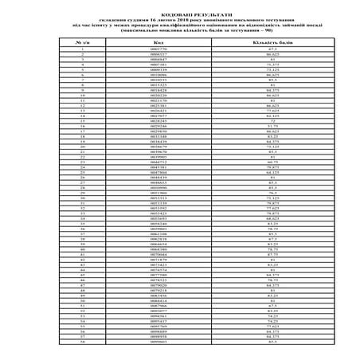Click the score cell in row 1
tap(272, 49)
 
